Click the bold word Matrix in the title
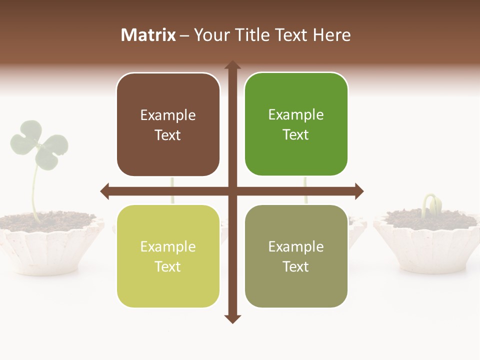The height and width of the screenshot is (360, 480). [x=148, y=35]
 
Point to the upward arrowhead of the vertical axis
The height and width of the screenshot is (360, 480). [x=232, y=65]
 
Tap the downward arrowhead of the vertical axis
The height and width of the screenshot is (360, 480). [x=232, y=318]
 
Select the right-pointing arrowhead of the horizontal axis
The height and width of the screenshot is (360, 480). [x=358, y=191]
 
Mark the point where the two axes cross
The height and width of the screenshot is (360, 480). [x=232, y=191]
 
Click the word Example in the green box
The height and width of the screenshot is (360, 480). [x=296, y=115]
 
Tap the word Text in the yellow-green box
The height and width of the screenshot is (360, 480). [x=168, y=266]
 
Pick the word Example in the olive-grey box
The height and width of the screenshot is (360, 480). [x=296, y=246]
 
